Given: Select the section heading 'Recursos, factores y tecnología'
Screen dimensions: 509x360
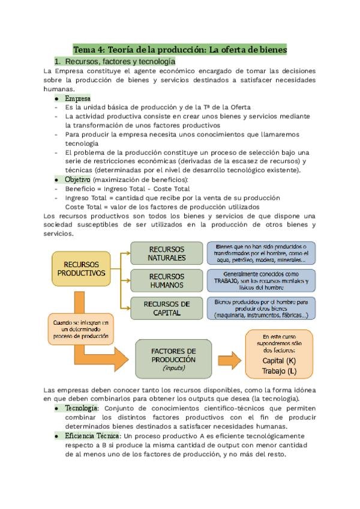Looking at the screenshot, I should (120, 61).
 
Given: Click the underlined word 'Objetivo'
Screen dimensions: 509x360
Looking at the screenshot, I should (77, 179).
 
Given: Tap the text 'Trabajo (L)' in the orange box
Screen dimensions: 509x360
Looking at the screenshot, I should (279, 371).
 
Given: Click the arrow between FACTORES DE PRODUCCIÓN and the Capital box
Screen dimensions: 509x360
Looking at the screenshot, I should (229, 358).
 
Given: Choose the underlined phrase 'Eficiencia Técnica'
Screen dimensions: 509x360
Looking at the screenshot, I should (92, 435).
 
